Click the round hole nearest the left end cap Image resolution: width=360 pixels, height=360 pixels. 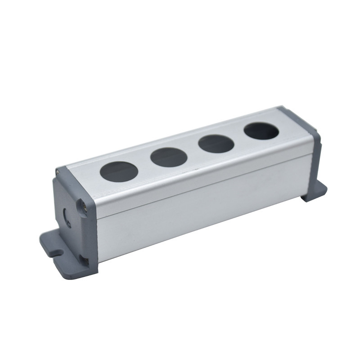pyautogui.click(x=118, y=171)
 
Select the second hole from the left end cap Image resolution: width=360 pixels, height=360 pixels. pyautogui.click(x=169, y=157)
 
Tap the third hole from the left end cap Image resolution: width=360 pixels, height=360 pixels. pyautogui.click(x=216, y=144)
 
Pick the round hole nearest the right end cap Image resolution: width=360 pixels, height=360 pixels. pyautogui.click(x=261, y=131)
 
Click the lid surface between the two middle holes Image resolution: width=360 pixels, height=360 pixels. pyautogui.click(x=193, y=151)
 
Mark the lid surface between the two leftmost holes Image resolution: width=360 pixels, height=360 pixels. pyautogui.click(x=144, y=164)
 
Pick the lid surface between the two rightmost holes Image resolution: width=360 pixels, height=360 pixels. pyautogui.click(x=238, y=138)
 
